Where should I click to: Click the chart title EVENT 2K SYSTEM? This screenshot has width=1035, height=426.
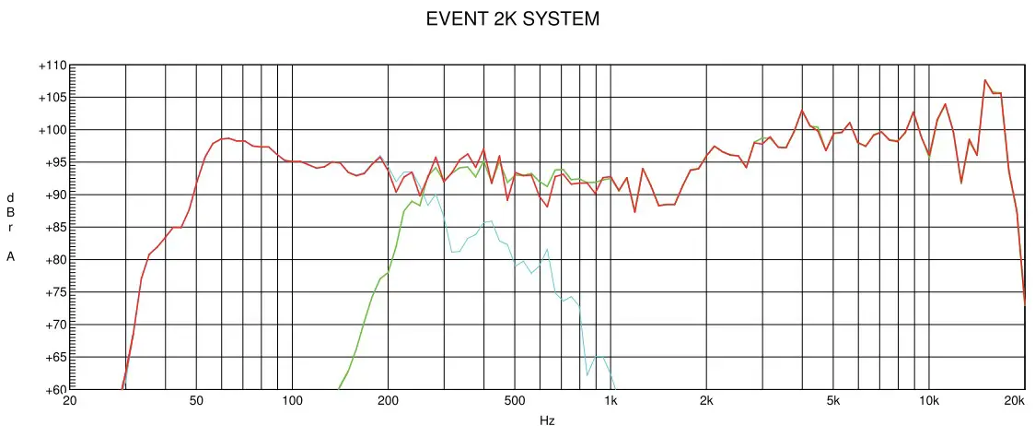click(x=512, y=18)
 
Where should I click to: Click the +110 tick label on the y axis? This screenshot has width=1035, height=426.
click(x=52, y=66)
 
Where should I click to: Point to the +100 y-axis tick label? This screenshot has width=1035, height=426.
click(x=52, y=131)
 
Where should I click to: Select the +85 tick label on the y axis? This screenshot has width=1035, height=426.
click(x=52, y=228)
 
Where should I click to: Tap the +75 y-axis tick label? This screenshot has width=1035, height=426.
click(x=52, y=292)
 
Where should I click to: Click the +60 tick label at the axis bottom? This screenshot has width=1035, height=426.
click(x=52, y=389)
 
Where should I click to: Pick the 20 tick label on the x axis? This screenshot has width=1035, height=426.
click(x=69, y=401)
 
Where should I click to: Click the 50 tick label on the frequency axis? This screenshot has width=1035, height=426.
click(x=195, y=401)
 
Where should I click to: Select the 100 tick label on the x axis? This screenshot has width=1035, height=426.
click(x=292, y=401)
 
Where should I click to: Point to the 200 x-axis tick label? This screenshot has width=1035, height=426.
click(x=388, y=401)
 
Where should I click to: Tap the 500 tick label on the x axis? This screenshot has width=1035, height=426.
click(x=514, y=401)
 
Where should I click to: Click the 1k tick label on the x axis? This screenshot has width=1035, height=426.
click(x=611, y=401)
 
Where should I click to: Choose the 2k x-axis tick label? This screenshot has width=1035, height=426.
click(x=706, y=401)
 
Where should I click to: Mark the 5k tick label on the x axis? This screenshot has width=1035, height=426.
click(x=833, y=401)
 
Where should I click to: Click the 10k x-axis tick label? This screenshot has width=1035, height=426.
click(x=929, y=401)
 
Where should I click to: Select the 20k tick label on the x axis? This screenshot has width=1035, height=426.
click(x=1014, y=401)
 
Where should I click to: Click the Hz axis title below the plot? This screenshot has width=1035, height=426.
click(x=547, y=420)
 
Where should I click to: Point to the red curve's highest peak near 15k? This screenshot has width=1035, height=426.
click(x=984, y=80)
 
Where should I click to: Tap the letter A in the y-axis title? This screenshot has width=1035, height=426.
click(x=11, y=256)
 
